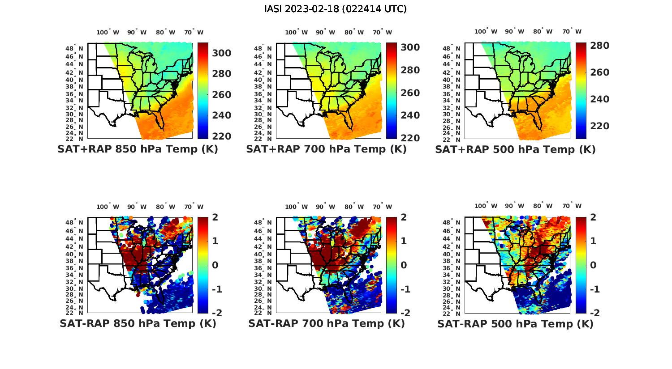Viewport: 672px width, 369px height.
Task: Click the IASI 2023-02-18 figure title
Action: click(336, 9)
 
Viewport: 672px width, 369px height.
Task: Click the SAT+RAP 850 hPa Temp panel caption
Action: click(138, 149)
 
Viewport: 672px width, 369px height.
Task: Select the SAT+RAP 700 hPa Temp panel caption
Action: click(326, 149)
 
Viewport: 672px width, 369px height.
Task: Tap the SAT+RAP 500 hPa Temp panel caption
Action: click(515, 149)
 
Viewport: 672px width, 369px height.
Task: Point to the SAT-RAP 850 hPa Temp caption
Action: click(138, 323)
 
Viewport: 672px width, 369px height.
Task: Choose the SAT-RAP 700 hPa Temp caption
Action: click(326, 323)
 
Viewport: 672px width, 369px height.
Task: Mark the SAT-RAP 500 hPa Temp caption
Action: click(515, 323)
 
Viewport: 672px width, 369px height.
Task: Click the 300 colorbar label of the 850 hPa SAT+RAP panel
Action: click(221, 53)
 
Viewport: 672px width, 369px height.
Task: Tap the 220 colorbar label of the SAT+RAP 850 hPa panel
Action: click(221, 136)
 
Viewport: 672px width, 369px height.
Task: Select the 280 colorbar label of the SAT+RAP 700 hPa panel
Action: click(410, 70)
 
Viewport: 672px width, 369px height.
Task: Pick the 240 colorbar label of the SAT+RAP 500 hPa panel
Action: click(599, 99)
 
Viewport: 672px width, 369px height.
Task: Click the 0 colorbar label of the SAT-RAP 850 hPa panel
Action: click(215, 265)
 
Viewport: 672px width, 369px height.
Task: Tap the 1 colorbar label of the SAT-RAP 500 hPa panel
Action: click(593, 241)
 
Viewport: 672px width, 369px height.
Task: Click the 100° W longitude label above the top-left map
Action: click(108, 32)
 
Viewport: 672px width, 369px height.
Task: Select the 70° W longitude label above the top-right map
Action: click(571, 31)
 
